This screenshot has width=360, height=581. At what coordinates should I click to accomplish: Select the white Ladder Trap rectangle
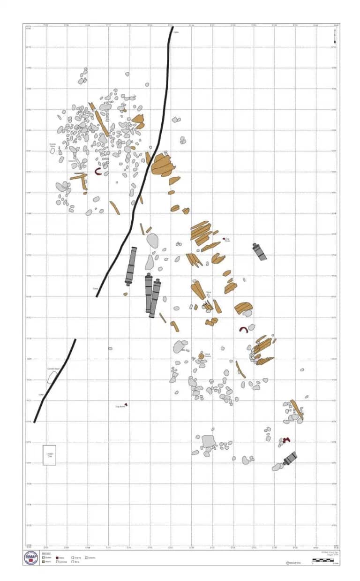coord(49,455)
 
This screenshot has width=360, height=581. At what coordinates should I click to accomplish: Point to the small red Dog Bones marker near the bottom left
coord(126,405)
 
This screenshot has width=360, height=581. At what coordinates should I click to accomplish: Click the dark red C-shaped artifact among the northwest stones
coord(98,172)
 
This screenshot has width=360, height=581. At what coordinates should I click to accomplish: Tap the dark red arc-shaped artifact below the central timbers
coord(243,330)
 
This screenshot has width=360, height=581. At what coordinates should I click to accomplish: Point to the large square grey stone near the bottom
coord(208,441)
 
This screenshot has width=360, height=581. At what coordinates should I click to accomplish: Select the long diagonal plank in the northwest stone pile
coord(102,123)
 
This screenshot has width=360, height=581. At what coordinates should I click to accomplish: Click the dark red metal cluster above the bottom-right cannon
coord(285,440)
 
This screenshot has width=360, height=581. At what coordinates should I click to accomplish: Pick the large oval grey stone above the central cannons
coord(152,240)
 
